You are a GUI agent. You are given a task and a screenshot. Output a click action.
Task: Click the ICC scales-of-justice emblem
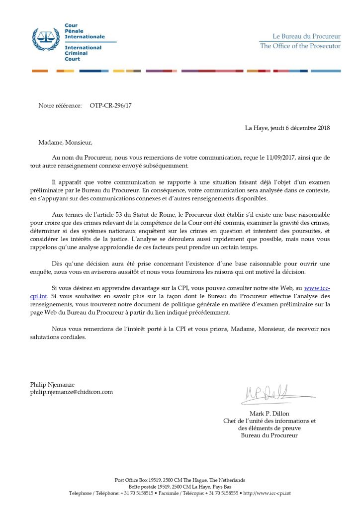coord(45,39)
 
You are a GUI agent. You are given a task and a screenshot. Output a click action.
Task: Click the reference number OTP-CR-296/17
coord(111,105)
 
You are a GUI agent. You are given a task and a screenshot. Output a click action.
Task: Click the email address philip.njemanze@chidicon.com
coord(72,392)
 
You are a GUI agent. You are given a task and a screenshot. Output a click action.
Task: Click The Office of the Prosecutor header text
coord(300,46)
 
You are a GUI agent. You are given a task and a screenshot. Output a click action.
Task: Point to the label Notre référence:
coord(60,105)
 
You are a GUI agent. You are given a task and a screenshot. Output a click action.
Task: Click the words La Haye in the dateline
coord(257,128)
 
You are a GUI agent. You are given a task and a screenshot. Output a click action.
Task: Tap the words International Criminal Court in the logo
coord(83,53)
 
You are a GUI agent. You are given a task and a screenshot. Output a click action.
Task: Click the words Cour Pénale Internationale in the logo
coord(85,31)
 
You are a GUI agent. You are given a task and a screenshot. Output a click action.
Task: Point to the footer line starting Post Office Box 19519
coord(180,480)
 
